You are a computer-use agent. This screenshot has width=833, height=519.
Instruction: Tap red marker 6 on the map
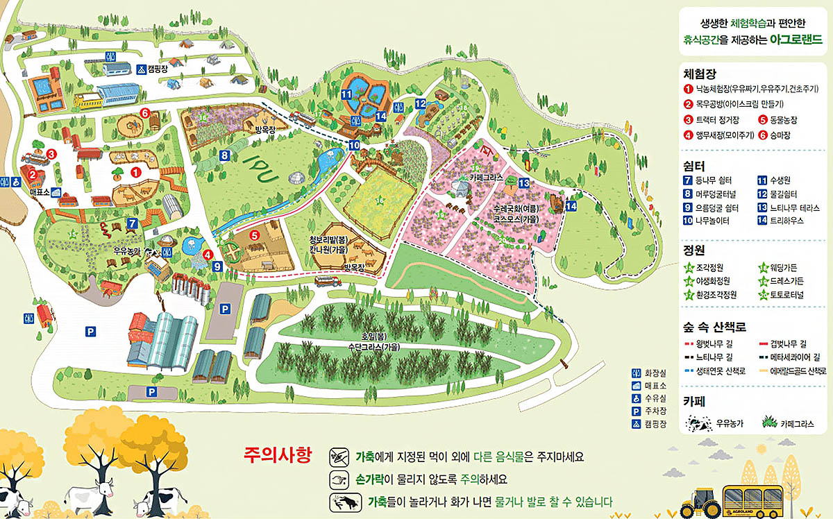coord(145,113)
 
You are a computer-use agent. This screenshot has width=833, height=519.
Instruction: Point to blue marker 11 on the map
coord(346,94)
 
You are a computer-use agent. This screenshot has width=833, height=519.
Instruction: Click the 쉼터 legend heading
coord(695,167)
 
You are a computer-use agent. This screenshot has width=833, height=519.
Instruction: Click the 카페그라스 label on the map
coord(485,178)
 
